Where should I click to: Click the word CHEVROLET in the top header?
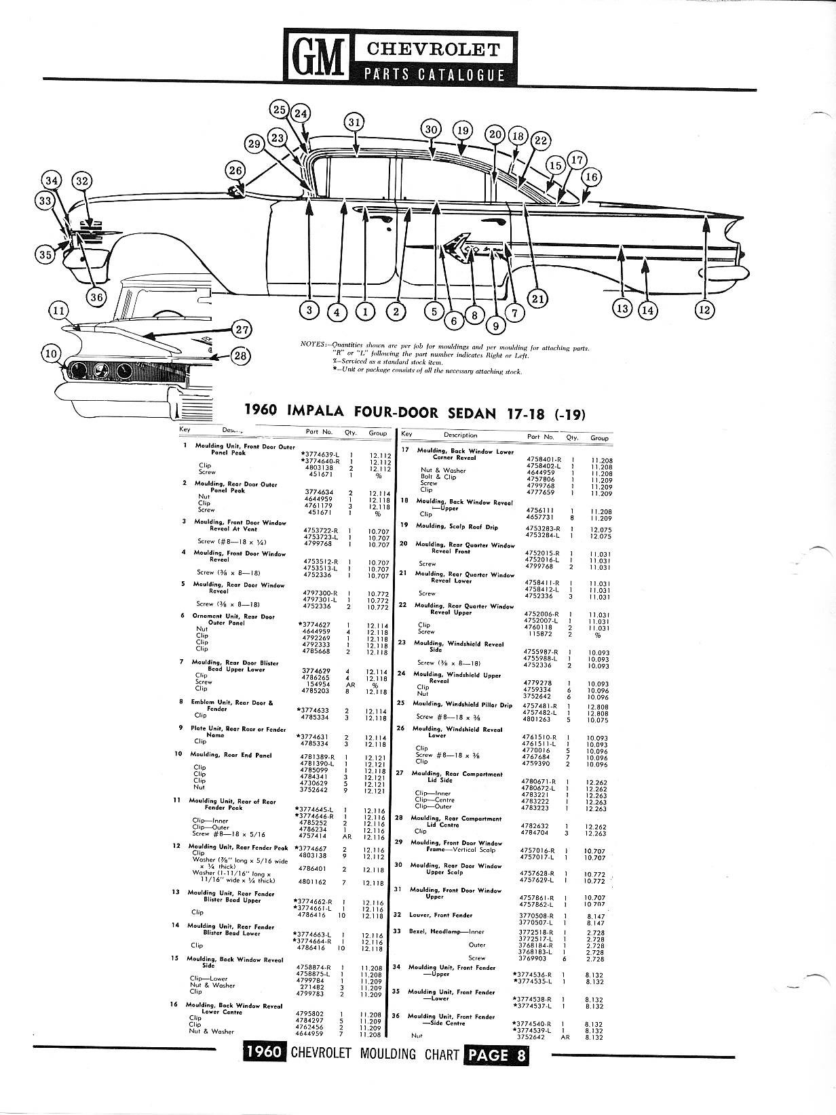click(x=433, y=50)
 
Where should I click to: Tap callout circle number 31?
click(x=354, y=123)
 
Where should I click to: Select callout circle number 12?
click(x=705, y=310)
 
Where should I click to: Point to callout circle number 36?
click(x=98, y=296)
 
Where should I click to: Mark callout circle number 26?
click(x=235, y=170)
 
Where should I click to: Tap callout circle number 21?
click(x=537, y=298)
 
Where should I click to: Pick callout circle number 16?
click(x=591, y=178)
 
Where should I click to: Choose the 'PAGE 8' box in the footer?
click(x=495, y=1055)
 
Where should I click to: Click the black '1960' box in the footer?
click(x=265, y=1055)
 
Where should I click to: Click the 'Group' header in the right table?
click(x=599, y=438)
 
